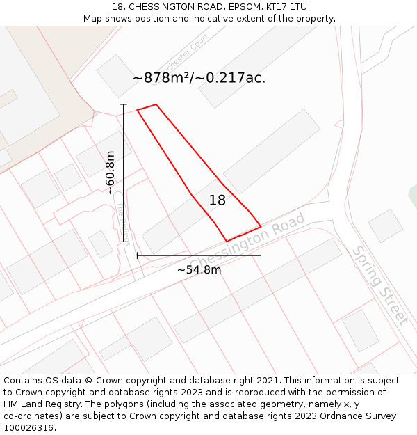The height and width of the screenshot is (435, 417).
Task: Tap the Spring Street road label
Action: [x=379, y=285]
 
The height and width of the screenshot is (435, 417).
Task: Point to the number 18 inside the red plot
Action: [x=218, y=200]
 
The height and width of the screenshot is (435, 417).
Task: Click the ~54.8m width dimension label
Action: [x=199, y=269]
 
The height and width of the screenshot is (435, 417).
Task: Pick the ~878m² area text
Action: [x=162, y=78]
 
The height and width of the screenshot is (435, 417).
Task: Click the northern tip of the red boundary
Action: [x=156, y=105]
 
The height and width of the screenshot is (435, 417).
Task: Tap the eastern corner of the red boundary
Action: [x=261, y=226]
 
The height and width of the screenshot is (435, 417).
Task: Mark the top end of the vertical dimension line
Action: [x=124, y=104]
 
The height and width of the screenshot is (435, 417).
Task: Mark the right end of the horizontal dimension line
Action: [x=261, y=255]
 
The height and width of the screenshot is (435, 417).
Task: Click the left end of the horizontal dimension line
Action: [x=138, y=255]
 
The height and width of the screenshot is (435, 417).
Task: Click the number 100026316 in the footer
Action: [x=28, y=427]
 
